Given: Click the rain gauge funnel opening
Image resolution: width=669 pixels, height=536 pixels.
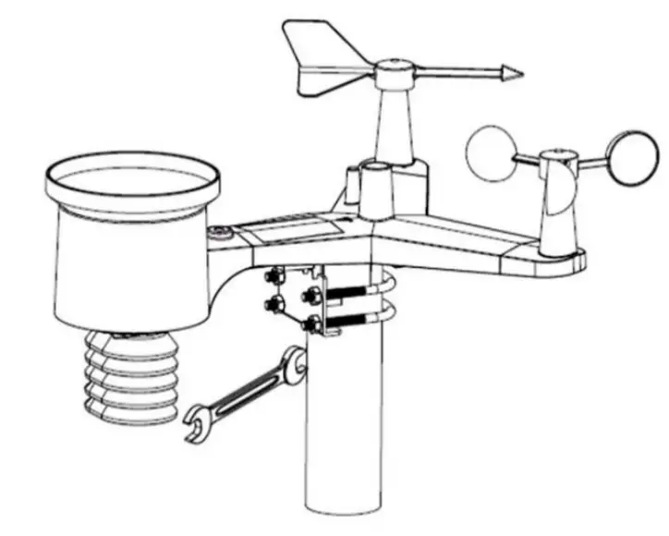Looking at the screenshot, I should pyautogui.click(x=134, y=175).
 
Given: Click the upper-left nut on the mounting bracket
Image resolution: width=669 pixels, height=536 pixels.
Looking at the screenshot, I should pyautogui.click(x=274, y=274).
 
